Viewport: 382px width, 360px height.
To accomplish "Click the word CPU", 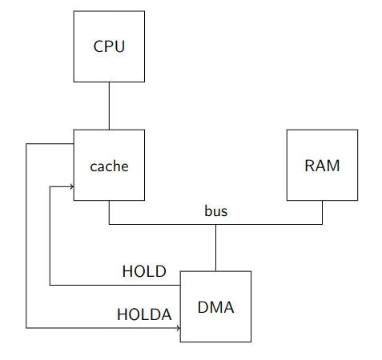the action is tap(109, 46).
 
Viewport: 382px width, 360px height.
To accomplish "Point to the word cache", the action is tap(109, 166).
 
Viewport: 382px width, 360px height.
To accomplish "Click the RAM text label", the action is tap(322, 166).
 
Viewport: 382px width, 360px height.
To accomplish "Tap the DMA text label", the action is tap(215, 307).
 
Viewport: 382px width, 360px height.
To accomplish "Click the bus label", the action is tap(216, 210).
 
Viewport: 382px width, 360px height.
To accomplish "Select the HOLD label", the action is tap(144, 271).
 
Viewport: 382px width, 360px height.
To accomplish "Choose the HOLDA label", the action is tap(144, 314).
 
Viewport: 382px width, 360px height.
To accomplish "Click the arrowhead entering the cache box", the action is tap(72, 186).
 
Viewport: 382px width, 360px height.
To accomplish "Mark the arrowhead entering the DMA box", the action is tap(179, 328).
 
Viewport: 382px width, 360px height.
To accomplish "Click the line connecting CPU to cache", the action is tap(109, 106).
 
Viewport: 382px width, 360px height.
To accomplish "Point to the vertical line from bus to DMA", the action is tap(215, 248).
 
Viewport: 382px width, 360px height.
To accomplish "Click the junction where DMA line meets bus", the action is tap(215, 224).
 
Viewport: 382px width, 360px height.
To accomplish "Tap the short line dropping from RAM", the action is tap(322, 212).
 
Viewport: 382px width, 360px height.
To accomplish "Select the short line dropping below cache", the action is tap(109, 212).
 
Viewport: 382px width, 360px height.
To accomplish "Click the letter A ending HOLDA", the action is tap(167, 314).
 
